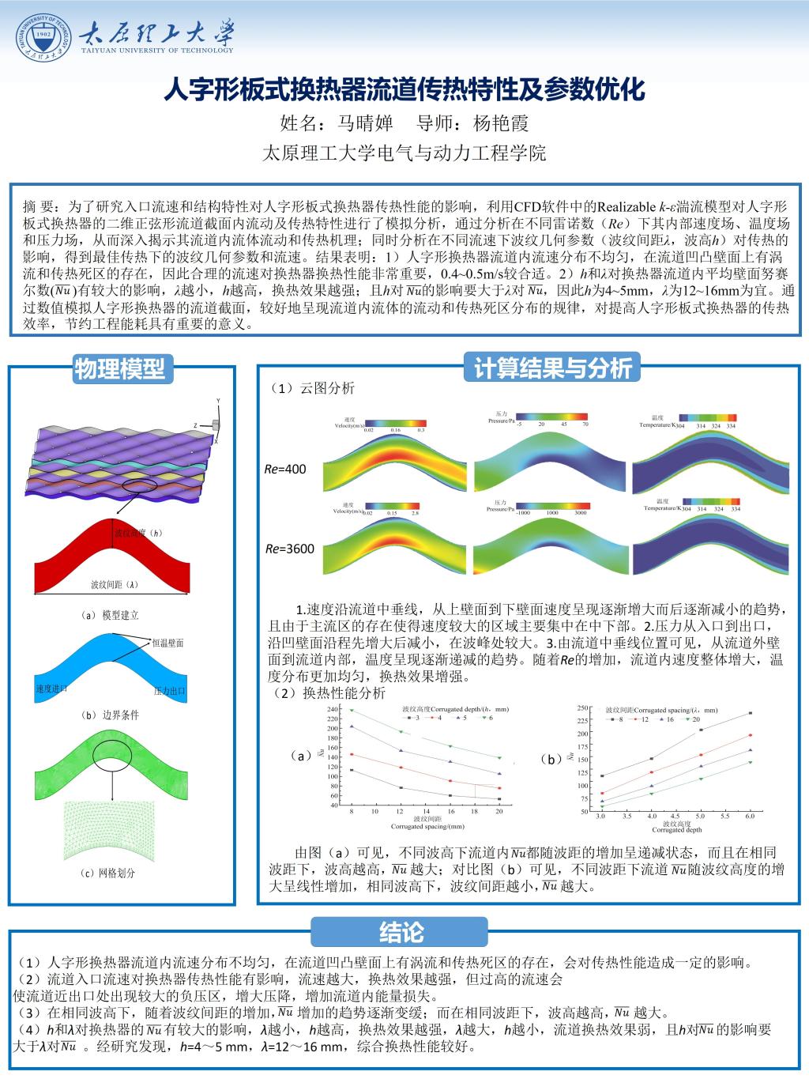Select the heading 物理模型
(x=120, y=368)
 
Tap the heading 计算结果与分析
(x=553, y=368)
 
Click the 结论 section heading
(x=401, y=932)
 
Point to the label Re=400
(x=285, y=470)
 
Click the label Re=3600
(x=289, y=549)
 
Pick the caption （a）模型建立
(x=110, y=615)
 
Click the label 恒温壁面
(x=167, y=643)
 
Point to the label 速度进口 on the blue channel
(x=51, y=689)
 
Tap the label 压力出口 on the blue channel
(x=169, y=690)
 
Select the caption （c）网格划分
(x=108, y=873)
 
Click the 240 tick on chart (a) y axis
(x=333, y=710)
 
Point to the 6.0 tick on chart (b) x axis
(x=750, y=814)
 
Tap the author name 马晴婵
(x=365, y=124)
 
